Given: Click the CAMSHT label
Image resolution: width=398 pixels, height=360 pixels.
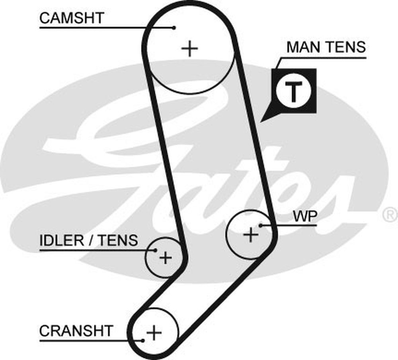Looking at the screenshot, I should [72, 18].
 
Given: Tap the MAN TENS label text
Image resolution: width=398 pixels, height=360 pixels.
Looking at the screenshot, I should [326, 47].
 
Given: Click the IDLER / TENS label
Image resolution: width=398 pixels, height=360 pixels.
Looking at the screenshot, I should [88, 240].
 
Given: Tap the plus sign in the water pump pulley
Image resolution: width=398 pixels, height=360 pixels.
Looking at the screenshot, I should [251, 235].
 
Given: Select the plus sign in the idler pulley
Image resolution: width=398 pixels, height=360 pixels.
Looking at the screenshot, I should [165, 258].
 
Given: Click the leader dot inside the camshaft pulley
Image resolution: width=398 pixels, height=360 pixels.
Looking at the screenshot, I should [174, 27].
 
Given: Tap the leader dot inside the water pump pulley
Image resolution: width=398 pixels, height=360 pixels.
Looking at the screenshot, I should [261, 225].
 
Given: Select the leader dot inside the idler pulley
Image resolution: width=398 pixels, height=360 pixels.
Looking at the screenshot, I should [155, 250].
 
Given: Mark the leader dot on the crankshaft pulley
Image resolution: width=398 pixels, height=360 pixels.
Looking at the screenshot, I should [142, 340].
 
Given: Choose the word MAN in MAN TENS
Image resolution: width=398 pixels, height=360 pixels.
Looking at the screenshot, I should [304, 47].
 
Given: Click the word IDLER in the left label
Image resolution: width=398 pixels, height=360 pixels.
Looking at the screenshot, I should [62, 240].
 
